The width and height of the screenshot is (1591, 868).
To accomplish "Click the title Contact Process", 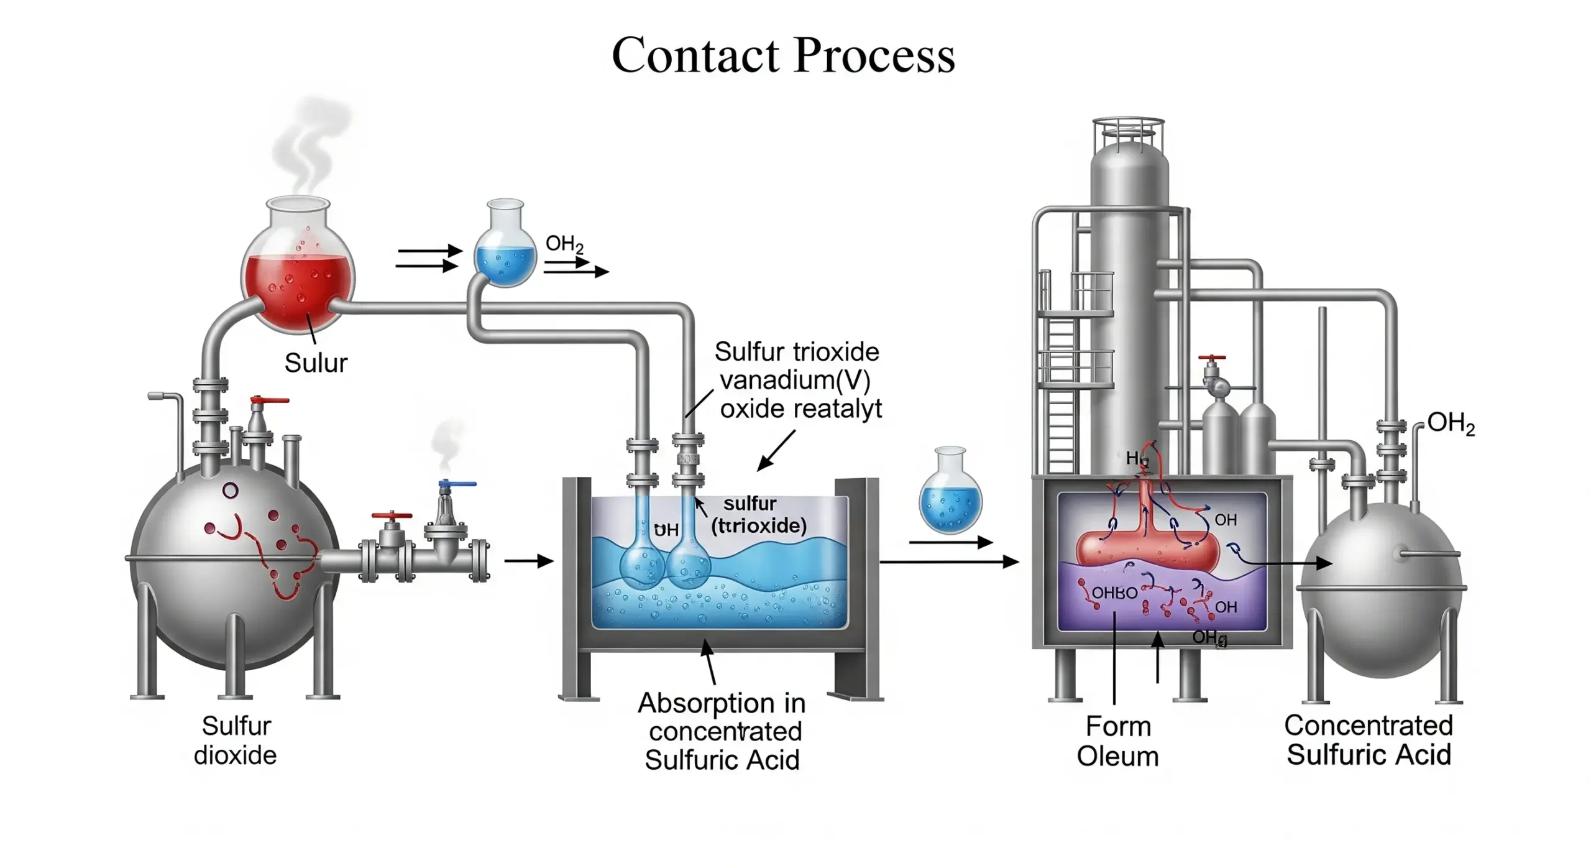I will (x=782, y=55).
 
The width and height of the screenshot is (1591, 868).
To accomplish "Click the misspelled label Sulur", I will (x=316, y=362).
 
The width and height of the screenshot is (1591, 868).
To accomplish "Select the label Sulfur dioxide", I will (x=236, y=741).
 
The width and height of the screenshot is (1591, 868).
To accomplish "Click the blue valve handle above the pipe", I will (x=457, y=484).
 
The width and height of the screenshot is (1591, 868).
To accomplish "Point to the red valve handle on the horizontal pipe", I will (x=392, y=516).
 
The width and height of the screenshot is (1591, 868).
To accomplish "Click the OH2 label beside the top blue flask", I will (x=564, y=244).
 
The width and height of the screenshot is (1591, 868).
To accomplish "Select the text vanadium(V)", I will (x=795, y=380).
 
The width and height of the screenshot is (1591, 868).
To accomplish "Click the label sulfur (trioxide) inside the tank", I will (x=758, y=515).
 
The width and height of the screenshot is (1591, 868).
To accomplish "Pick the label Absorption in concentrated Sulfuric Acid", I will (x=722, y=731).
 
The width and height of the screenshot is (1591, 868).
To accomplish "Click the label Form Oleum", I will (x=1117, y=741).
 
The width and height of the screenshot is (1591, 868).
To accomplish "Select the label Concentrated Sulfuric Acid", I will (x=1369, y=740).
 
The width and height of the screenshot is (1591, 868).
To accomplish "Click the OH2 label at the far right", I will (x=1451, y=423).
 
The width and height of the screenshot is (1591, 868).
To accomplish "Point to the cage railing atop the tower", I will (x=1128, y=133).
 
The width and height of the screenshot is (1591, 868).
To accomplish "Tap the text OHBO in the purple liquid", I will (x=1114, y=593).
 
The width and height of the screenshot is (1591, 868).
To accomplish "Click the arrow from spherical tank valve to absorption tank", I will (x=528, y=561).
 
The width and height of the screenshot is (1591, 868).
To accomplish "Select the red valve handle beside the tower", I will (x=1212, y=359).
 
